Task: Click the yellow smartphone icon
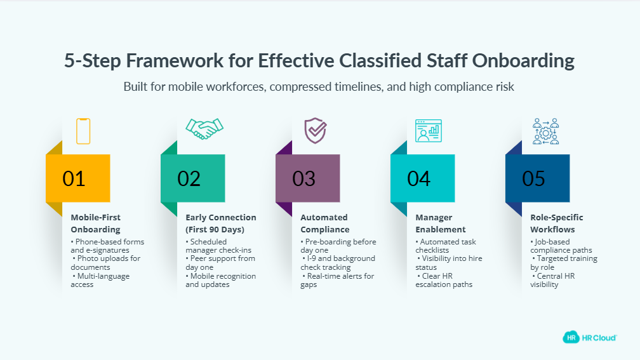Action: point(83,131)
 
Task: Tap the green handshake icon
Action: point(204,129)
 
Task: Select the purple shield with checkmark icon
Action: point(316,131)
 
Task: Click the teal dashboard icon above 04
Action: point(429,131)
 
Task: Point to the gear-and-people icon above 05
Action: point(546,131)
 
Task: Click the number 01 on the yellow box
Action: point(74,179)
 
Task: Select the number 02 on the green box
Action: point(189,179)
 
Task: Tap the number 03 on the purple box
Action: point(303,179)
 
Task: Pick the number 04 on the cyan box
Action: point(419,179)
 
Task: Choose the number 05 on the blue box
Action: point(533,179)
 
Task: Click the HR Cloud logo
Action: point(589,338)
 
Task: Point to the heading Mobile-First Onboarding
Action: point(96,223)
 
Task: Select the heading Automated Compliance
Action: point(325,223)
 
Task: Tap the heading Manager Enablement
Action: point(441,223)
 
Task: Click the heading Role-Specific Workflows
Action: point(557,223)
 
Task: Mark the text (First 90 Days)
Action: point(215,229)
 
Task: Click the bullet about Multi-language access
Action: point(100,280)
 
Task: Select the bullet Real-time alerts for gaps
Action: point(338,280)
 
